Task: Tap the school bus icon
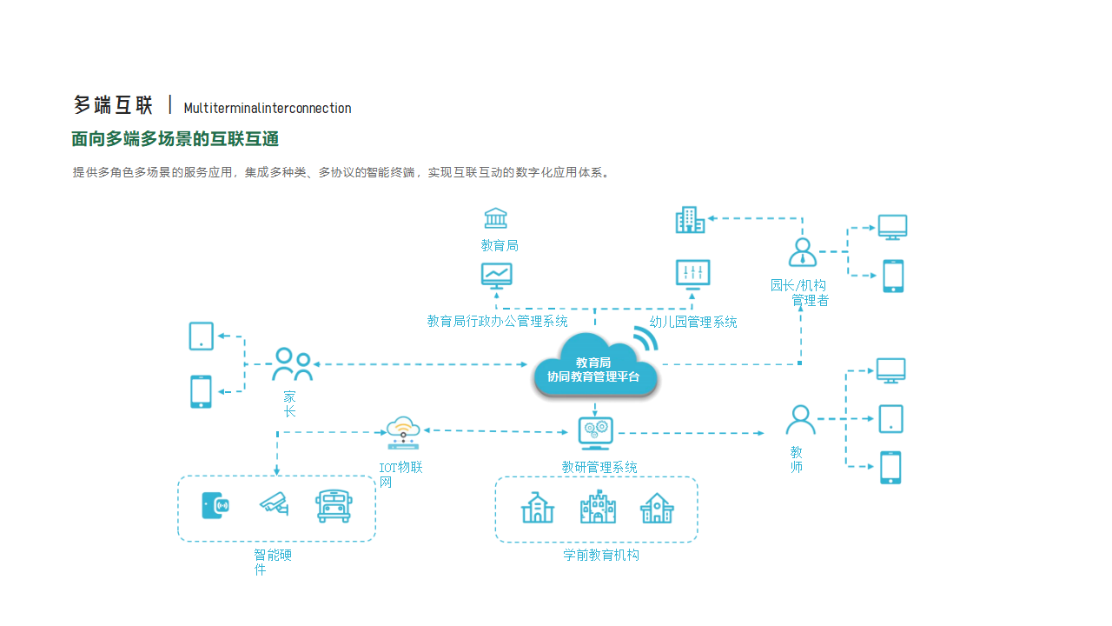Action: click(334, 506)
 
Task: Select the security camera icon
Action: click(275, 504)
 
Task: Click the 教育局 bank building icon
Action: click(496, 218)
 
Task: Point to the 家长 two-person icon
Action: click(292, 364)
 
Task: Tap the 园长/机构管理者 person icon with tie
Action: click(802, 252)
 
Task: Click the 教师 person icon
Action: click(800, 421)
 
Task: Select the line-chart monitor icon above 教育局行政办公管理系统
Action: click(497, 276)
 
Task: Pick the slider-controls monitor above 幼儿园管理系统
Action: click(692, 275)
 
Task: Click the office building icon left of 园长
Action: click(691, 220)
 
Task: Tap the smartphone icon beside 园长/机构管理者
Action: click(893, 276)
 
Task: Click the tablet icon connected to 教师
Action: click(890, 419)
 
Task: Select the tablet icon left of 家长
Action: click(202, 336)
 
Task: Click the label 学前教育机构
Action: click(601, 555)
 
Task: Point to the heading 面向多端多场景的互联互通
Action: click(175, 139)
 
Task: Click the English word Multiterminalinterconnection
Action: click(268, 109)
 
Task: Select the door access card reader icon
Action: click(215, 505)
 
